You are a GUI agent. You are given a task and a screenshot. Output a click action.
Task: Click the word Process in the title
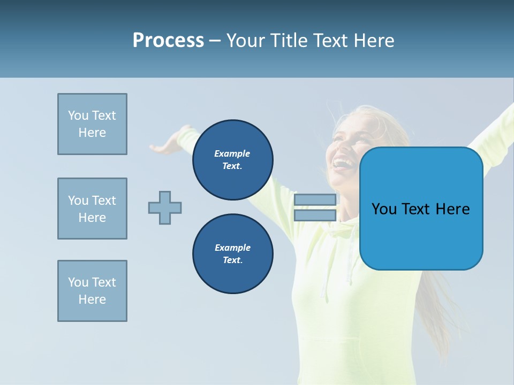168,40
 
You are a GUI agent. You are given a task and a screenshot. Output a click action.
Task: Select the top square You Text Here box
92,124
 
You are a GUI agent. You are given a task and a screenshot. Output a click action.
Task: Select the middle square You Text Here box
92,209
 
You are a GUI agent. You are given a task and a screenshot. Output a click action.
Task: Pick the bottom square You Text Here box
92,291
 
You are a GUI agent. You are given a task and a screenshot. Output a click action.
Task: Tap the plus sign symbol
165,207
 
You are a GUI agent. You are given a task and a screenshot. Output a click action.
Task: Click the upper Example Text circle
232,160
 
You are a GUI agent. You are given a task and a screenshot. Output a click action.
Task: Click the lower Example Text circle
232,254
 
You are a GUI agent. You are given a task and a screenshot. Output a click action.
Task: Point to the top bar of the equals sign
315,200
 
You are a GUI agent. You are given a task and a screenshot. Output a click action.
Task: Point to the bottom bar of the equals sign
315,215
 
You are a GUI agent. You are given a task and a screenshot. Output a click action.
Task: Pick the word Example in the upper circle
232,153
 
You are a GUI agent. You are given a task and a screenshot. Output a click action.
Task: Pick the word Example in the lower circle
232,248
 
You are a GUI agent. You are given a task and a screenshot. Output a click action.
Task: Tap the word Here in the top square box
92,133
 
